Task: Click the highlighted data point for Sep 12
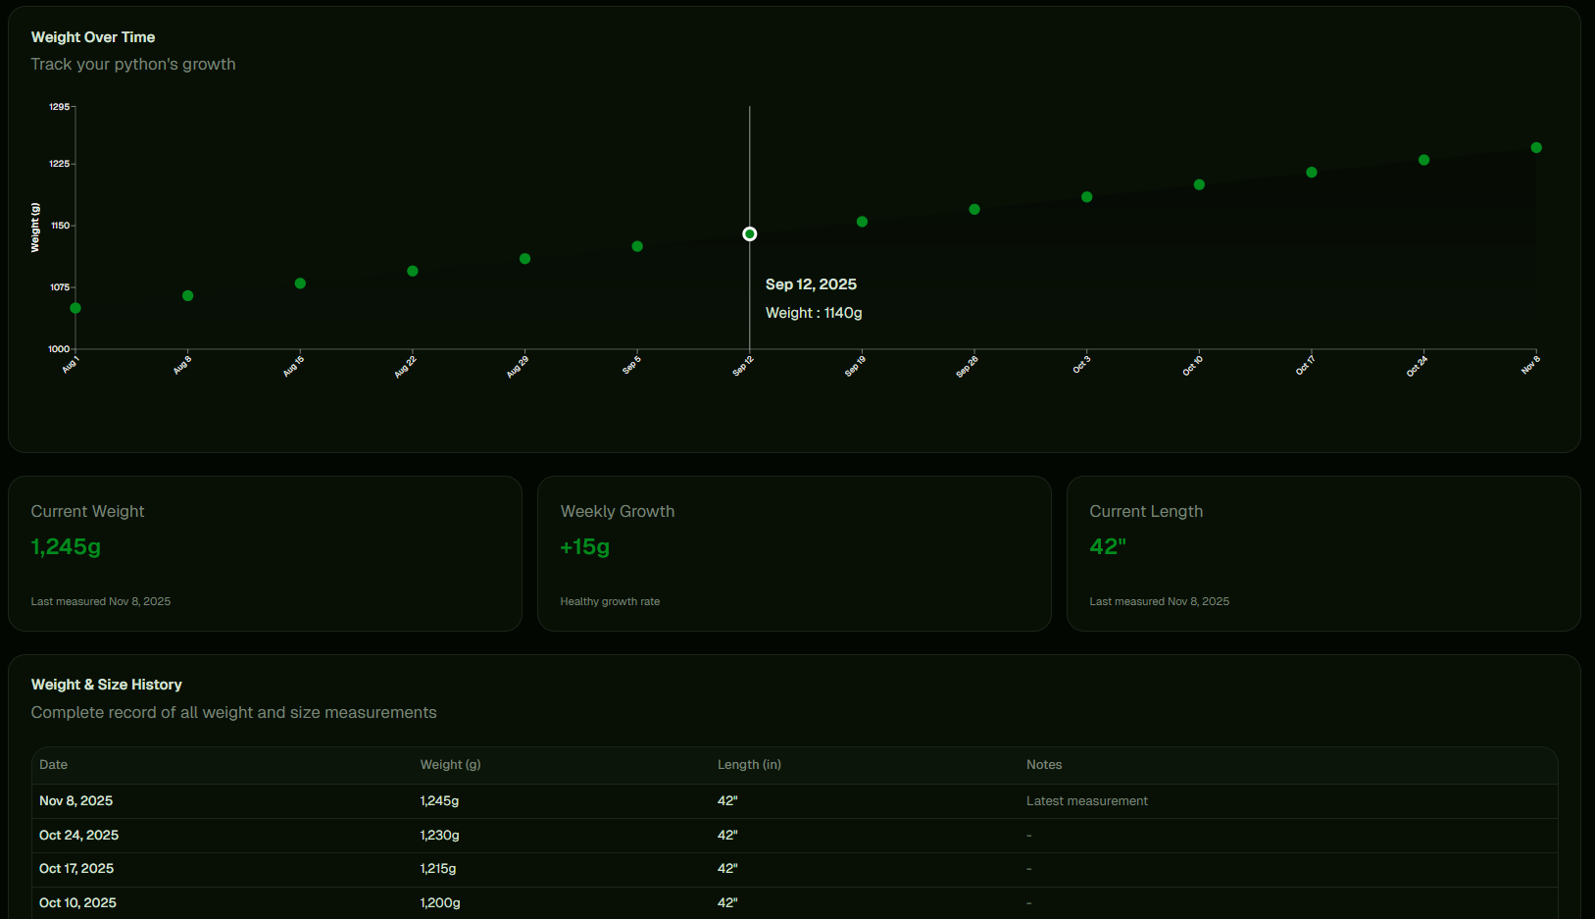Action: [750, 234]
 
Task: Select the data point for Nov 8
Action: [1536, 148]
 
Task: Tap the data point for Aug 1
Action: [75, 309]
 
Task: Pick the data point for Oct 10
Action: [1199, 184]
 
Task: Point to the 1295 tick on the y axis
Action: [60, 107]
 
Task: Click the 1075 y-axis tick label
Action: [60, 287]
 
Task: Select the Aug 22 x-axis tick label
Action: [406, 367]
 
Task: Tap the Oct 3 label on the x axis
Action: [1081, 365]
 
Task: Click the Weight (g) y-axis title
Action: [36, 228]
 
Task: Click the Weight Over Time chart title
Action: [93, 37]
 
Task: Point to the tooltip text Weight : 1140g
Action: [814, 313]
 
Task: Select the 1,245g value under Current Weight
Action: [66, 546]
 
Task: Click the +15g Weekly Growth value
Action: [585, 546]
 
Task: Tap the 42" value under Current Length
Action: [1108, 546]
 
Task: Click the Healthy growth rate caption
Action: [610, 601]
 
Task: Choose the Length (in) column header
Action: [749, 765]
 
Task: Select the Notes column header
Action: [1044, 765]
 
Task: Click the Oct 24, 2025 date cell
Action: [78, 836]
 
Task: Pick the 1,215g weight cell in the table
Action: [438, 869]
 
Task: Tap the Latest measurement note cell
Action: [1086, 801]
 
